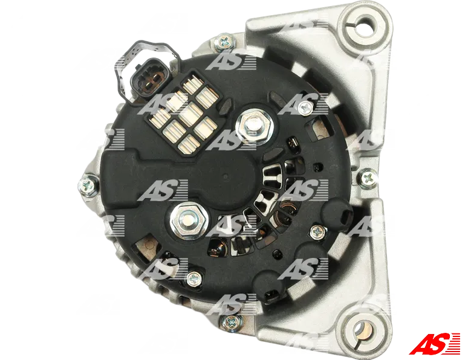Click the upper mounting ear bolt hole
[x=365, y=23]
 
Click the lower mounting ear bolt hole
[x=362, y=331]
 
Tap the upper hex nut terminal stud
[x=254, y=126]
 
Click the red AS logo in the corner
[x=434, y=344]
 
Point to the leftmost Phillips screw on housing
[x=88, y=184]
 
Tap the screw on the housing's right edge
[x=368, y=178]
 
